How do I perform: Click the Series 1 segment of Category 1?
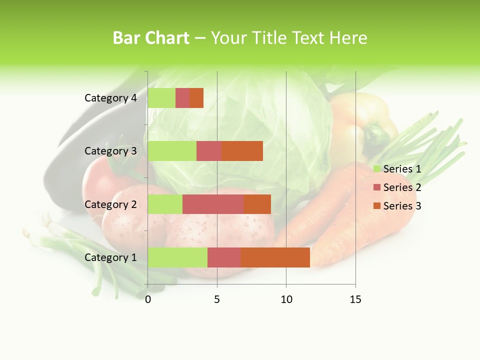177,257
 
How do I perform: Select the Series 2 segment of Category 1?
224,257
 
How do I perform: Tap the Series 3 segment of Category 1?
275,257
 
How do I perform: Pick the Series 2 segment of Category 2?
213,204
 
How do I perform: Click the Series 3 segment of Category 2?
257,204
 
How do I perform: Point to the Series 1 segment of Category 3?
172,151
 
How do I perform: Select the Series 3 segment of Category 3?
242,151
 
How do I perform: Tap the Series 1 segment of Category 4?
161,98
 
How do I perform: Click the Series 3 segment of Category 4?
196,98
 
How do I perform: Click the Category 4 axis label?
110,98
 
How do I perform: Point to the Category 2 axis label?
110,204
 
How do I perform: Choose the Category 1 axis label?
110,257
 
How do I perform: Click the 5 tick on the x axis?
217,299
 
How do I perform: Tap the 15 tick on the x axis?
355,299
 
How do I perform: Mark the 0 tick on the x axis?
148,299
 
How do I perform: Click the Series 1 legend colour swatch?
377,169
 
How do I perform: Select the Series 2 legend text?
402,187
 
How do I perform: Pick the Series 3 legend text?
402,206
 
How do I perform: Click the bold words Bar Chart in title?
151,38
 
